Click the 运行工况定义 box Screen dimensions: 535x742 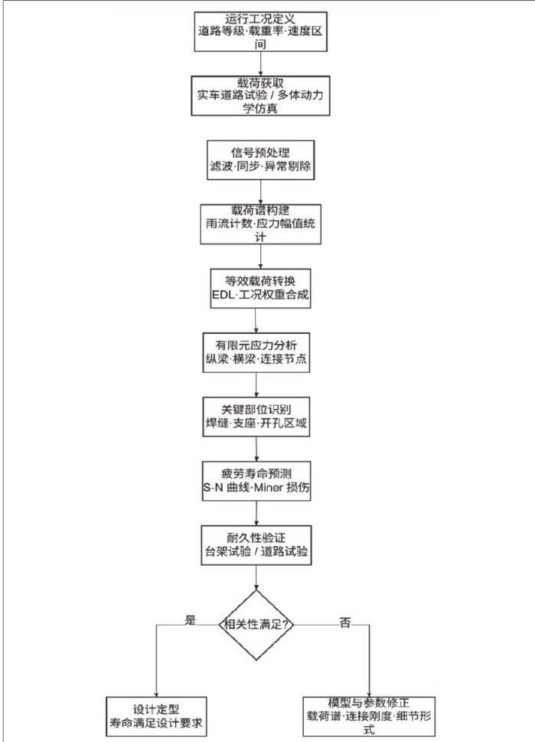point(261,31)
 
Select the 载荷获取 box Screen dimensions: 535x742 point(261,96)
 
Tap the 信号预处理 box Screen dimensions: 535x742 point(261,160)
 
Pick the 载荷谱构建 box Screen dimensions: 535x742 point(261,224)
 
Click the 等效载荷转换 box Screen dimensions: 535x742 point(261,289)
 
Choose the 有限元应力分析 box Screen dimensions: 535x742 point(256,352)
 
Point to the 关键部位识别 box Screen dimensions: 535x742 point(256,417)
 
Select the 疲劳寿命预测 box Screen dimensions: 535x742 point(256,481)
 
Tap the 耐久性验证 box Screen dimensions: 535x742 point(256,545)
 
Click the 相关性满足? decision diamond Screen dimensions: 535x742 point(256,625)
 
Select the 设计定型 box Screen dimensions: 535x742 point(156,717)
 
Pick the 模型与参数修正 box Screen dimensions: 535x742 point(369,717)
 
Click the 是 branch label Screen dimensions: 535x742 point(190,620)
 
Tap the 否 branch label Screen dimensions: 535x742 point(345,623)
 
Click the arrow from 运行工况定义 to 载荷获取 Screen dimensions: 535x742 point(261,64)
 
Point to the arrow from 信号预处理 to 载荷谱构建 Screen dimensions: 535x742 point(261,192)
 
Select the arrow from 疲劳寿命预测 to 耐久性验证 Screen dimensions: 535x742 point(256,514)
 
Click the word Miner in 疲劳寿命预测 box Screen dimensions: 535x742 point(269,488)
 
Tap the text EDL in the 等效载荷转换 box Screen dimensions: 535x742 point(220,295)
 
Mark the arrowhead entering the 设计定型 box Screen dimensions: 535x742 point(157,693)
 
